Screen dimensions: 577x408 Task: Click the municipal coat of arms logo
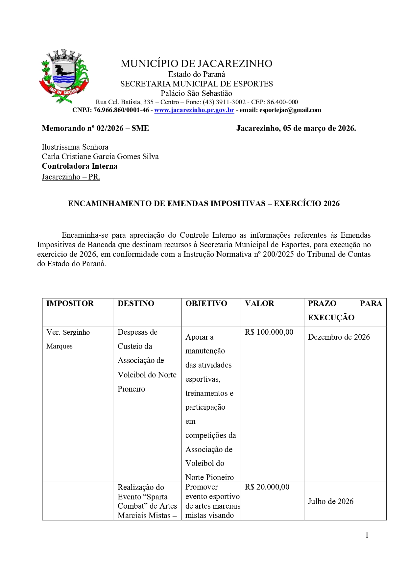click(64, 76)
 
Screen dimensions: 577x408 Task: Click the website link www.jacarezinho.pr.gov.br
click(194, 110)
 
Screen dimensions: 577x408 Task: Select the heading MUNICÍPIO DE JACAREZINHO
click(196, 63)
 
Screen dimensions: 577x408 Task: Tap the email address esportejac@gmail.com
click(290, 110)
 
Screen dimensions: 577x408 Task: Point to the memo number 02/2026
click(110, 128)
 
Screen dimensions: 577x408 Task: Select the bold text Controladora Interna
click(80, 166)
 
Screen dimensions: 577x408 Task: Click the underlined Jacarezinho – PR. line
click(71, 177)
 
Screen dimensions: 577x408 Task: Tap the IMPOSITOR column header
click(70, 303)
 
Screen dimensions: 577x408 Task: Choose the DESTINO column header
click(136, 303)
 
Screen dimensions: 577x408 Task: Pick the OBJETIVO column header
click(206, 303)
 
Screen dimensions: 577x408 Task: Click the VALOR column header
click(259, 303)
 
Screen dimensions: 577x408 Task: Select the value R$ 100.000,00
click(269, 332)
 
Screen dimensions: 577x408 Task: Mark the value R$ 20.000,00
click(267, 487)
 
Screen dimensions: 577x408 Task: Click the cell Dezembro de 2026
click(339, 337)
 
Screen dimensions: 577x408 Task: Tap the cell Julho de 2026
click(330, 501)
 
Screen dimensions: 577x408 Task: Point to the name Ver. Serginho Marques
click(68, 339)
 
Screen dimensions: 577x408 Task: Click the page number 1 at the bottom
click(367, 535)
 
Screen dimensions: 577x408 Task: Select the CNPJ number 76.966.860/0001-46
click(121, 110)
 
